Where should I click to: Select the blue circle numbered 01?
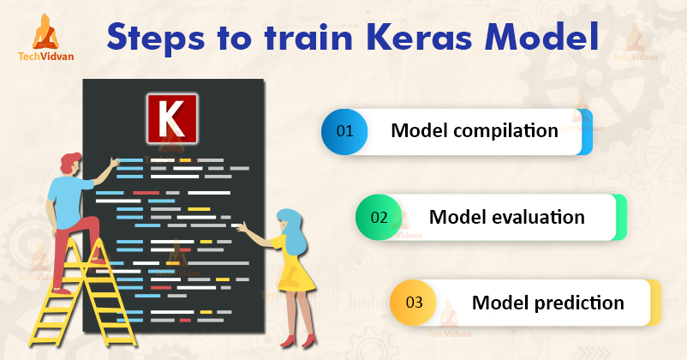click(x=344, y=132)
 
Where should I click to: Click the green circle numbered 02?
click(x=379, y=217)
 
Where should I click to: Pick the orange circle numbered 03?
click(x=414, y=303)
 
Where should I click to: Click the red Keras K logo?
click(x=172, y=118)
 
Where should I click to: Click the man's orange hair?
click(x=72, y=163)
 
